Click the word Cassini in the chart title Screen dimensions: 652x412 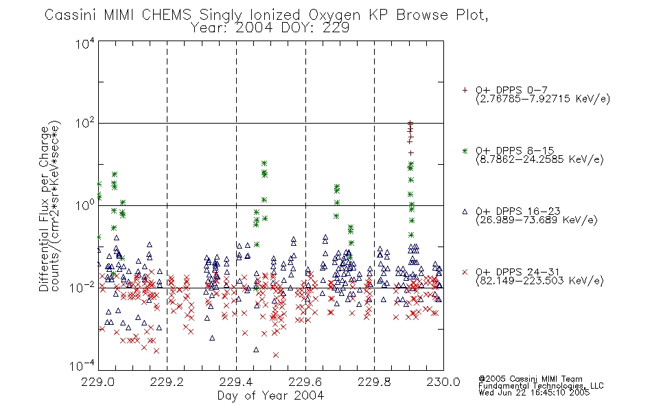pyautogui.click(x=71, y=15)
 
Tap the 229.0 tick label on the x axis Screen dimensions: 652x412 pyautogui.click(x=98, y=382)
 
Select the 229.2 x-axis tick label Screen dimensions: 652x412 pyautogui.click(x=167, y=382)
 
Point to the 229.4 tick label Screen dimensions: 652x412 pyautogui.click(x=236, y=382)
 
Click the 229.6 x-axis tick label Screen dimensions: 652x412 pyautogui.click(x=305, y=382)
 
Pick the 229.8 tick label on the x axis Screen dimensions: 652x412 pyautogui.click(x=374, y=382)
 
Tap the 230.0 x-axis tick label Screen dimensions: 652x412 pyautogui.click(x=443, y=382)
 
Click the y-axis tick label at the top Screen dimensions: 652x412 pyautogui.click(x=85, y=43)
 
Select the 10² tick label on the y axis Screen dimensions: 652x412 pyautogui.click(x=85, y=124)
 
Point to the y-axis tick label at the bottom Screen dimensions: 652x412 pyautogui.click(x=82, y=365)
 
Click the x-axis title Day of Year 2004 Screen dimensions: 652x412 pyautogui.click(x=270, y=396)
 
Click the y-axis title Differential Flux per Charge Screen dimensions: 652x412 pyautogui.click(x=45, y=209)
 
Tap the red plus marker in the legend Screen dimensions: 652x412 pyautogui.click(x=465, y=90)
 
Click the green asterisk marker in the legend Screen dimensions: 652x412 pyautogui.click(x=465, y=150)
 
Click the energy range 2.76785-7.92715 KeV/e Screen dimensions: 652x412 pyautogui.click(x=543, y=99)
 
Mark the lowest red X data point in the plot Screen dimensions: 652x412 pyautogui.click(x=276, y=355)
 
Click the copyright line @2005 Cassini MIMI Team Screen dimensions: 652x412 pyautogui.click(x=531, y=379)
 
